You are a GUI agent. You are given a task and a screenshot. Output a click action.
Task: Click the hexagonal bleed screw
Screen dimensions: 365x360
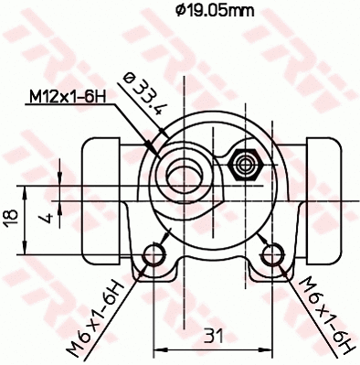246,166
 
